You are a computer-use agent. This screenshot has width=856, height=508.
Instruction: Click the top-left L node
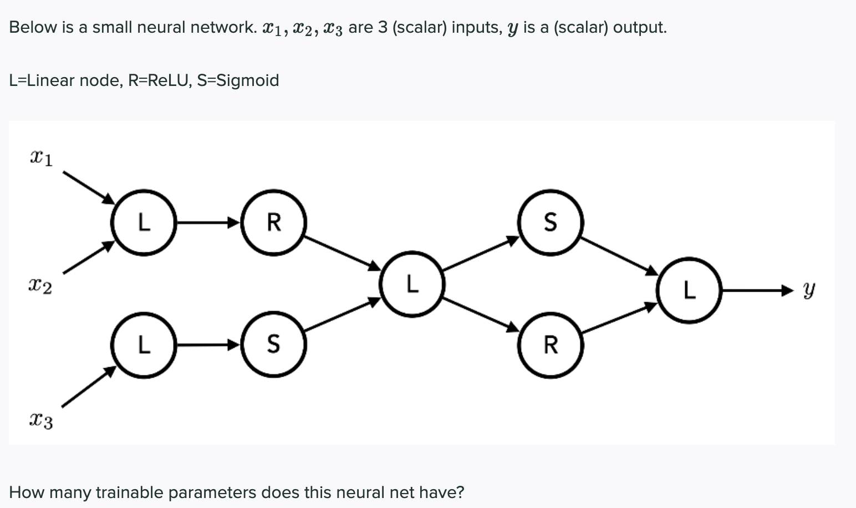point(144,222)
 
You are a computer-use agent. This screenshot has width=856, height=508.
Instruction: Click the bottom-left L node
point(144,345)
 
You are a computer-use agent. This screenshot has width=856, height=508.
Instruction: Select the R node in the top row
point(273,222)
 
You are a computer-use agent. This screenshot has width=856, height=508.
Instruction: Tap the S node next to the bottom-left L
point(273,345)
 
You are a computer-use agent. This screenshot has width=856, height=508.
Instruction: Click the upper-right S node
point(550,222)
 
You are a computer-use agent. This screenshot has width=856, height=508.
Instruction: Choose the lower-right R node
point(550,345)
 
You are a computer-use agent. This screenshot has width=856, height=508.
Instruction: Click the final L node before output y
point(689,289)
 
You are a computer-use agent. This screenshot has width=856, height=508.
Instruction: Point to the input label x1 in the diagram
point(41,159)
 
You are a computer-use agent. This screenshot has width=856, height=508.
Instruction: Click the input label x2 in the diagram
point(40,287)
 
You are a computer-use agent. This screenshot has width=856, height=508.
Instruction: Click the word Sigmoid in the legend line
point(247,81)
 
